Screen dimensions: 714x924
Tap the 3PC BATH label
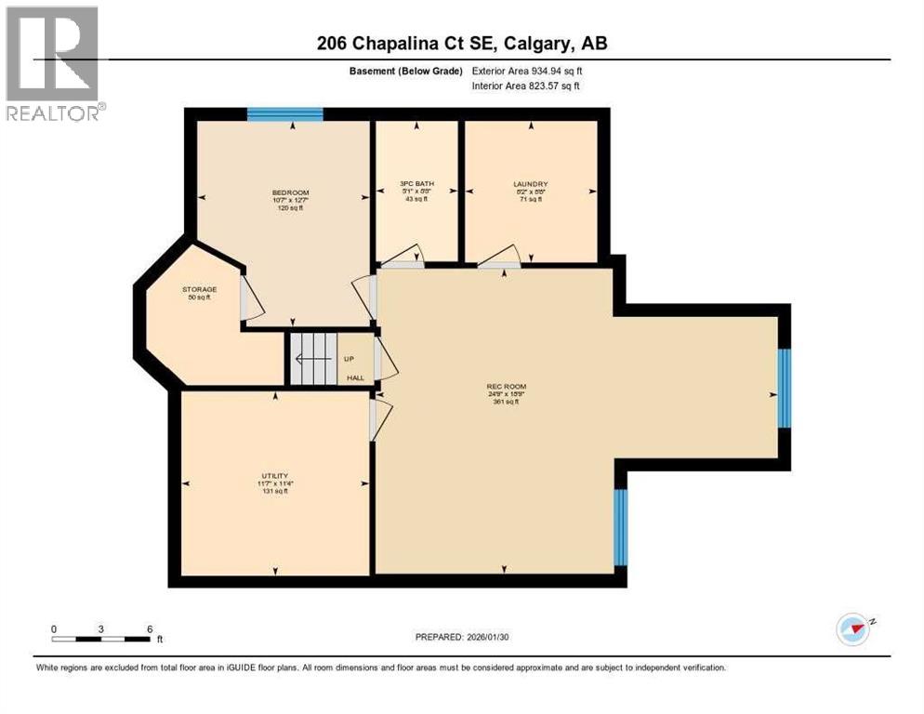click(x=416, y=184)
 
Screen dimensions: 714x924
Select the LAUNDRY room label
click(x=529, y=184)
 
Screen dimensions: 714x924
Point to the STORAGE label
click(x=199, y=289)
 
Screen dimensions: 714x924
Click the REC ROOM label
click(x=500, y=386)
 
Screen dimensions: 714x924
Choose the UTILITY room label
click(x=274, y=475)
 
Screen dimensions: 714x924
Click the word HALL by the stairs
click(x=356, y=377)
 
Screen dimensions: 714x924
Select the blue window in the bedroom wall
click(x=284, y=114)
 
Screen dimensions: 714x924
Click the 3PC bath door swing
click(x=403, y=255)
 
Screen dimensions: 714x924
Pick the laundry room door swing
click(x=500, y=255)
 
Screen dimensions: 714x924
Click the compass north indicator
click(x=852, y=629)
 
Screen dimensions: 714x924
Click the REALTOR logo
click(x=53, y=63)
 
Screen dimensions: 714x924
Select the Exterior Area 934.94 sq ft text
click(x=527, y=71)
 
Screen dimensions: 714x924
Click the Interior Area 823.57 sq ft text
click(x=526, y=86)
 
